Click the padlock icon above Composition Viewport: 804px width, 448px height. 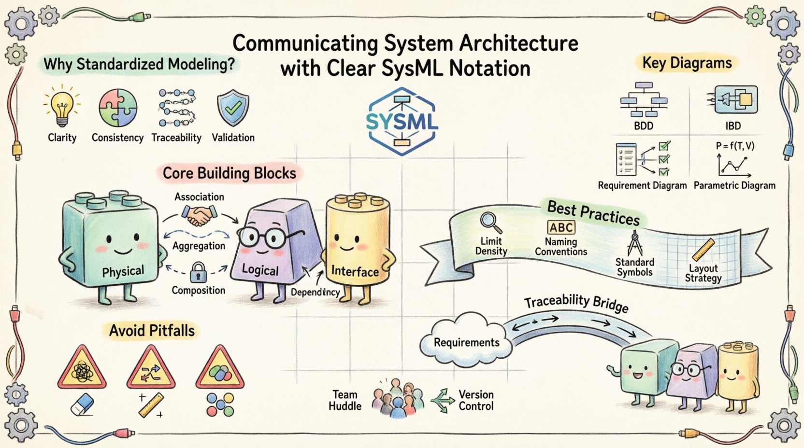198,273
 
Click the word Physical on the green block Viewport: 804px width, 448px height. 123,272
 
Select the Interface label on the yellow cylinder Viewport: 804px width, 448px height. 355,272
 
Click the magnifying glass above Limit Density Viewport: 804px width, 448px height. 491,223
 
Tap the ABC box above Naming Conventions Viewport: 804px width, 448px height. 561,227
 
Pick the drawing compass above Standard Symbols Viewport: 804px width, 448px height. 634,243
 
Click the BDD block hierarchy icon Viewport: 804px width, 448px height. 644,99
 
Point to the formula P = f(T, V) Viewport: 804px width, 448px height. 735,146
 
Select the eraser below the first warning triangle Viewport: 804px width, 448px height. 82,404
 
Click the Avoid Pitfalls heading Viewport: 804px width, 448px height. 152,331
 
